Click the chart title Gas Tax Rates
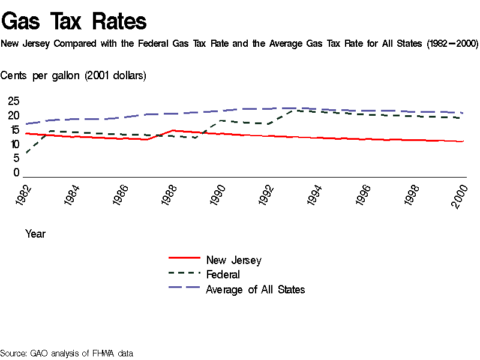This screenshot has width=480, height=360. [x=74, y=22]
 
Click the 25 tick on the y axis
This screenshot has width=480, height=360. [x=13, y=101]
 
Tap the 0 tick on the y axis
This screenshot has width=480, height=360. [x=16, y=173]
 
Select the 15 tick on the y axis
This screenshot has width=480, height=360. [x=13, y=130]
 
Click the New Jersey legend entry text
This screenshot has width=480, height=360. [x=233, y=260]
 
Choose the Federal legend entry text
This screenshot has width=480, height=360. [x=223, y=275]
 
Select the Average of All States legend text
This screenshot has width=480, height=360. [x=255, y=290]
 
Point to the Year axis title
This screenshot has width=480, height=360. [x=35, y=233]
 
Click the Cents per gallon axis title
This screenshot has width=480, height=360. [x=73, y=75]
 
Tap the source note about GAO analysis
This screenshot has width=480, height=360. [x=66, y=353]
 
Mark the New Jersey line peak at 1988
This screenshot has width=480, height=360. [x=173, y=130]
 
